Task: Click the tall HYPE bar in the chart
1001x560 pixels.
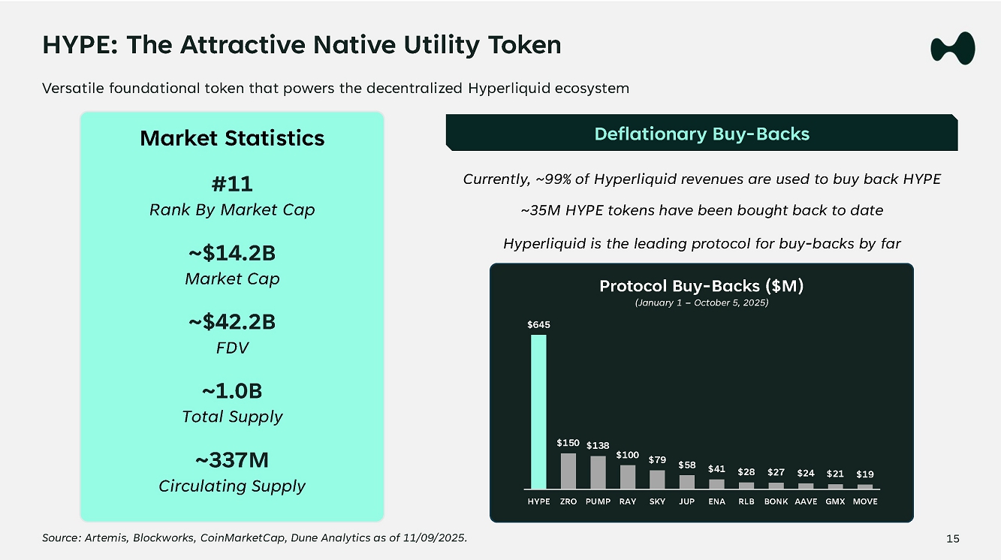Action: point(538,411)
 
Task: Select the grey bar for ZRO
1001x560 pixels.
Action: point(568,471)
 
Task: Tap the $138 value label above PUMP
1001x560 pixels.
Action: point(598,446)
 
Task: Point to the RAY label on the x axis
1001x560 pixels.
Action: point(628,501)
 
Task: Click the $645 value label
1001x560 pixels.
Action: point(538,325)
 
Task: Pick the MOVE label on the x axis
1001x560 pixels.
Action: point(865,501)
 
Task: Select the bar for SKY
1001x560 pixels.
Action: point(657,479)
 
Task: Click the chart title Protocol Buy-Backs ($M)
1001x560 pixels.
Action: point(701,286)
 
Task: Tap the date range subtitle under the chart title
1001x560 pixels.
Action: point(701,303)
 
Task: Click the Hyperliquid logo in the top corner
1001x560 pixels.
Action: point(952,48)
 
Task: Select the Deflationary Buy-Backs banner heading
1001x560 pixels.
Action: point(701,134)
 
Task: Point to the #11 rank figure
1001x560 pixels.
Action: point(232,184)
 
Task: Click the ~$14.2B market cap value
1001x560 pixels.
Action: point(232,253)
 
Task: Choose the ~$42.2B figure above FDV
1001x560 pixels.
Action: point(232,322)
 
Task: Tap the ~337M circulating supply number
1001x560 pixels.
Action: point(232,459)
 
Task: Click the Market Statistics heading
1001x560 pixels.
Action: point(232,138)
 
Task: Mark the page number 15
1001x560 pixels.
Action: point(953,538)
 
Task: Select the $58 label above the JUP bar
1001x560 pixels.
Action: point(686,465)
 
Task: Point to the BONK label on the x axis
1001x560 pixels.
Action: point(776,501)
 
